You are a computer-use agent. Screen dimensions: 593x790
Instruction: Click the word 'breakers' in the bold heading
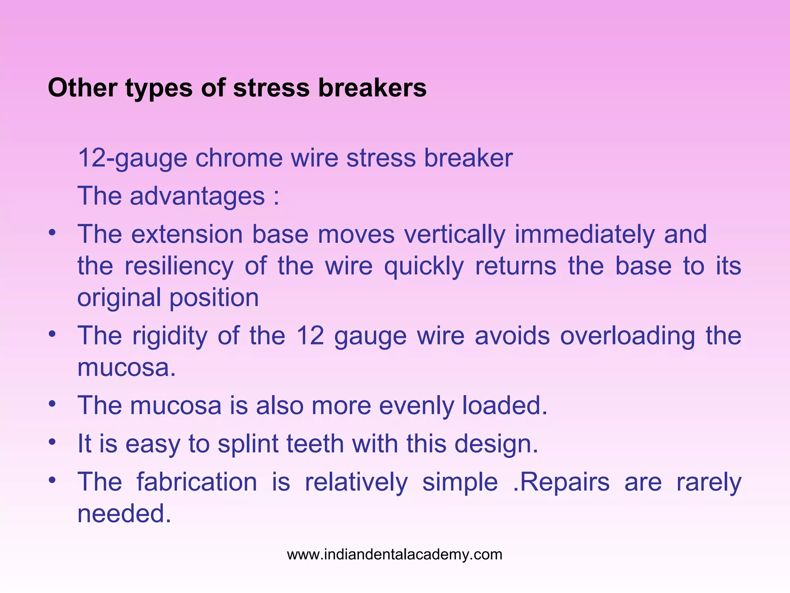(372, 88)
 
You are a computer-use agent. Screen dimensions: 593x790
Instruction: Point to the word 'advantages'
(197, 196)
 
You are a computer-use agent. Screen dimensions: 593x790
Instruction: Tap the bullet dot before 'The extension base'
(52, 232)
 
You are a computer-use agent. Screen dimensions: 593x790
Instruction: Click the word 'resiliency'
(179, 266)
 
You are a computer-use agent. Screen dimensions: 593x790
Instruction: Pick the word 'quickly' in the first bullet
(424, 267)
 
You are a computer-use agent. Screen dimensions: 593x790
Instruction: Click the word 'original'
(119, 298)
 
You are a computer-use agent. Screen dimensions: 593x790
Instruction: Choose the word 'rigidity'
(170, 336)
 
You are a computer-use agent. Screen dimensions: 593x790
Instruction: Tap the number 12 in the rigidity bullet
(310, 336)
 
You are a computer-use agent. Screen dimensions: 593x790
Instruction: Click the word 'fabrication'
(197, 482)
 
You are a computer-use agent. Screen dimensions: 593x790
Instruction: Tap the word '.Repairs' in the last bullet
(561, 483)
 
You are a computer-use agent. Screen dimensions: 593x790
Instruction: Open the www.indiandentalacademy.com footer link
(395, 555)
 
